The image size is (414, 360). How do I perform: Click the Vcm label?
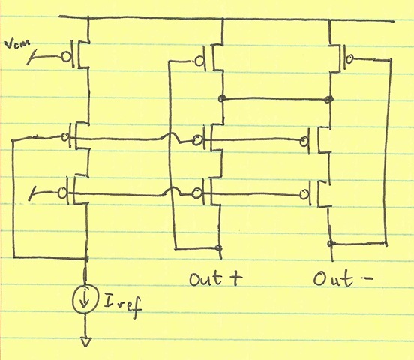click(17, 45)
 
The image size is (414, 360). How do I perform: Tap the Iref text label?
click(122, 305)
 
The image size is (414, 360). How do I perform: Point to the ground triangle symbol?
click(85, 341)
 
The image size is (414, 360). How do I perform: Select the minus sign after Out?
click(367, 277)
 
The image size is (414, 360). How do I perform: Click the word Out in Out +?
click(205, 278)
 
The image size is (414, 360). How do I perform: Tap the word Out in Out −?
click(333, 279)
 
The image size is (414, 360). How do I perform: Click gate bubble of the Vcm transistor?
click(66, 56)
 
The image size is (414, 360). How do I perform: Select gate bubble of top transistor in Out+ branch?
click(199, 61)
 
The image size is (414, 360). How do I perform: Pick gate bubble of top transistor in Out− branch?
click(349, 58)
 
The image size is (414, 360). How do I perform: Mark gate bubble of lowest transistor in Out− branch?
click(304, 195)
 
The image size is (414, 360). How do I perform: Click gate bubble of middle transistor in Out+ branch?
click(196, 140)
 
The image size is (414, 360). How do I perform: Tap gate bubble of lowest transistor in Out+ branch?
click(196, 193)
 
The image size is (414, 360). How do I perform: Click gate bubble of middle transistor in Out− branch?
click(304, 142)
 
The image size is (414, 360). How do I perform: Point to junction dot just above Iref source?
click(85, 258)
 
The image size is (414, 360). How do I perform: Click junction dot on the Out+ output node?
click(218, 247)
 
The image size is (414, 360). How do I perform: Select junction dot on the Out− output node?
click(331, 243)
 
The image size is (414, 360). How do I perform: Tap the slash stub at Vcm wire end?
click(31, 58)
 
